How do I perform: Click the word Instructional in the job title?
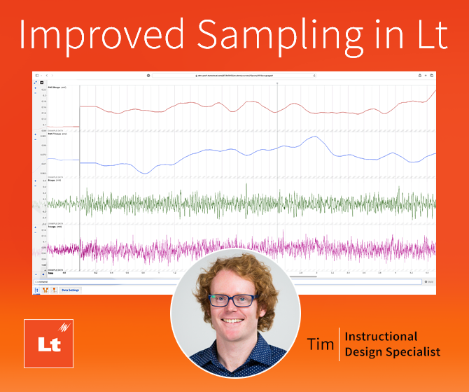click(382, 337)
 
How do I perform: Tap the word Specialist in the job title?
click(413, 352)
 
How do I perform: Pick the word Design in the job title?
click(364, 352)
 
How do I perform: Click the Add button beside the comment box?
click(429, 281)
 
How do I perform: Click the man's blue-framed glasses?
click(234, 300)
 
